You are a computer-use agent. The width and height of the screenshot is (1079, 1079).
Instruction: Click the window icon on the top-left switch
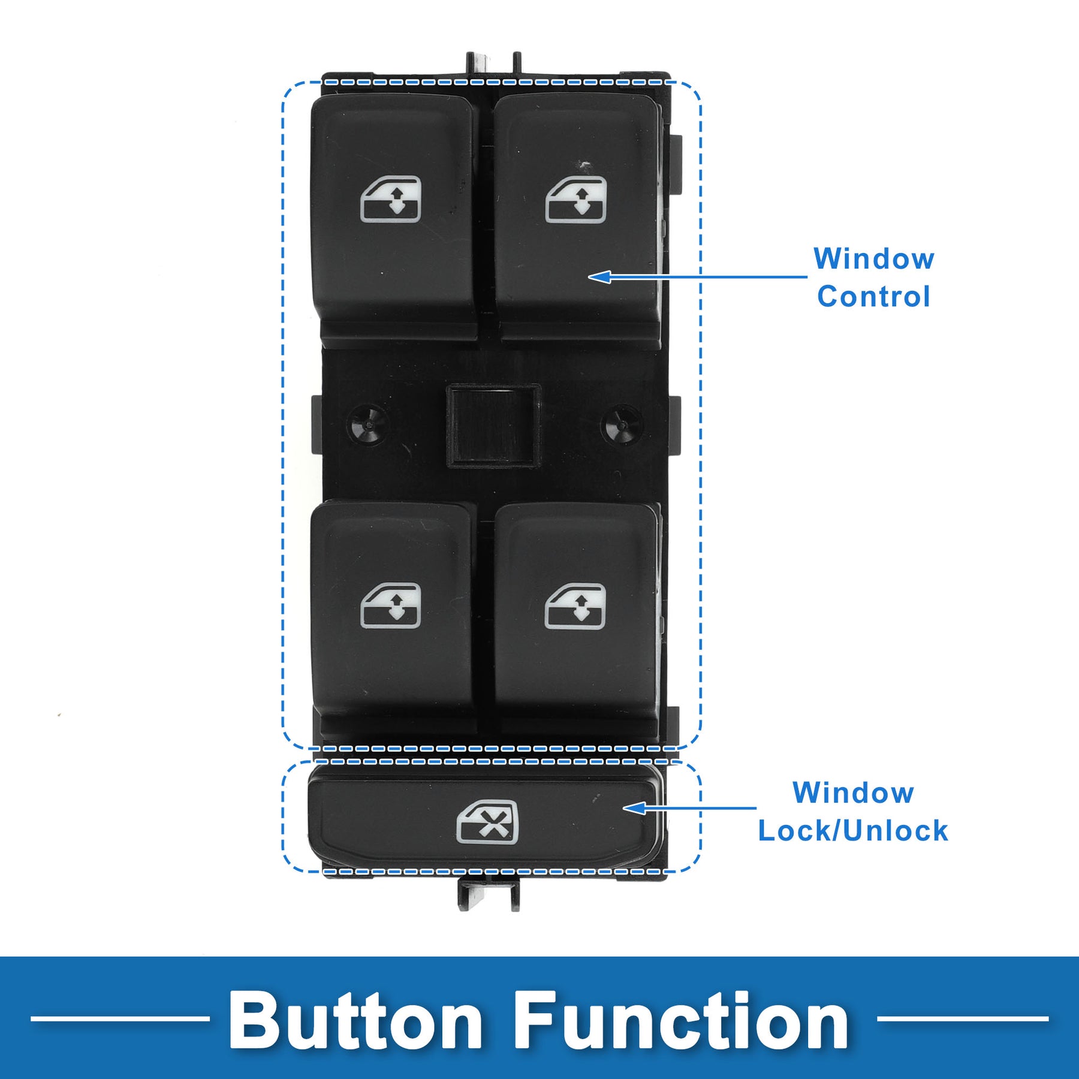click(391, 200)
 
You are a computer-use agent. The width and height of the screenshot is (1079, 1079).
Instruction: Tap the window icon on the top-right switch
click(575, 200)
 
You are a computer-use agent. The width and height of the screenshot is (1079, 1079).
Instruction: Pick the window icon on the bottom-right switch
click(575, 607)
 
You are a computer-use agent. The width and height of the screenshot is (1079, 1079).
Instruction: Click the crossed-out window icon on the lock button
click(487, 822)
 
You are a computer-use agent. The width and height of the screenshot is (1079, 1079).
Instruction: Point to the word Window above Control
click(873, 259)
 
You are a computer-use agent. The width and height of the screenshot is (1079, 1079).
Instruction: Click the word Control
click(873, 297)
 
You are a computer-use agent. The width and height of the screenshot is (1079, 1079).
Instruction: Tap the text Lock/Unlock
click(853, 831)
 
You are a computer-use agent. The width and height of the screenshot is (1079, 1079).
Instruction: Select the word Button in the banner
click(355, 1019)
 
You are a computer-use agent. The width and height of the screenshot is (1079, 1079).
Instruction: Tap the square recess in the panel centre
click(493, 425)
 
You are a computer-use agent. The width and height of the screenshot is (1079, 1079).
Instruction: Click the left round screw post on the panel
click(367, 424)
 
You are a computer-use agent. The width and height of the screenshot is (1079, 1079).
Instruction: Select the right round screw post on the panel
click(621, 424)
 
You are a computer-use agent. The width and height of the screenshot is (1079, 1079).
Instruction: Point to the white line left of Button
click(120, 1018)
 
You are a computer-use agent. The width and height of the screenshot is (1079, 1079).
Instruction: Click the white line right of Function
click(962, 1018)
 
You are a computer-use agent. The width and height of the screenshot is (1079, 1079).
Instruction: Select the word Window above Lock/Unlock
click(853, 793)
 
